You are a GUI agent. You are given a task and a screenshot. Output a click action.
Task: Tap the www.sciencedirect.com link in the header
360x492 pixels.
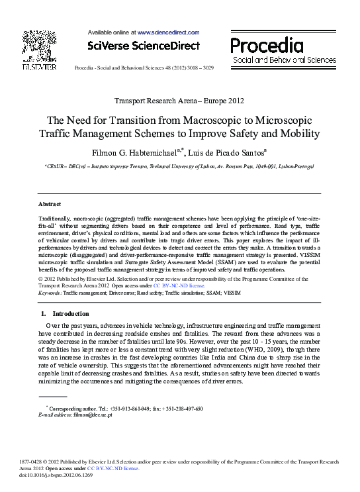(x=168, y=32)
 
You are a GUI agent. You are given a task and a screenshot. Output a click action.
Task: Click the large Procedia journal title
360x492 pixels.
(x=267, y=46)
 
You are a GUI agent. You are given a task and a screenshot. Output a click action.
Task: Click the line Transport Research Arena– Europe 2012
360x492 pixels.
(x=179, y=101)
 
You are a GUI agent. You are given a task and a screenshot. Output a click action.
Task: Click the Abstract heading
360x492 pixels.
(x=50, y=204)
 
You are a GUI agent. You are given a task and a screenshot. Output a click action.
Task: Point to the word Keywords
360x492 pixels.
(x=50, y=292)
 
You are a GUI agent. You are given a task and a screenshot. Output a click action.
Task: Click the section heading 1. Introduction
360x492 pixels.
(x=65, y=313)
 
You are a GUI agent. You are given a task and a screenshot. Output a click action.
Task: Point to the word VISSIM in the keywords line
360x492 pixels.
(x=232, y=292)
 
